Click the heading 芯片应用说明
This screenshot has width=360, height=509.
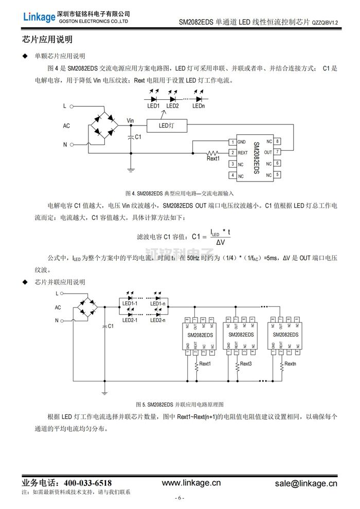(x=47, y=40)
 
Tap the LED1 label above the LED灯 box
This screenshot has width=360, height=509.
(x=154, y=106)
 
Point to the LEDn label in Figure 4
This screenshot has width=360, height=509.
(x=199, y=106)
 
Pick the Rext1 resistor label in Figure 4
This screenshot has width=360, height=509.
(x=213, y=159)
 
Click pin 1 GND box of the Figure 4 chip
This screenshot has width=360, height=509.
(x=232, y=141)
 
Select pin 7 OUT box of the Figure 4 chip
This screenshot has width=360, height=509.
(x=278, y=152)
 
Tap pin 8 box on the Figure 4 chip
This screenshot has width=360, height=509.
(x=278, y=141)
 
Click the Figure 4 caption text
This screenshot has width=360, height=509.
(x=179, y=193)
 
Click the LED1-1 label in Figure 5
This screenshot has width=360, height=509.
(x=130, y=304)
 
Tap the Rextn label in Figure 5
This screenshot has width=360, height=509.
(x=290, y=364)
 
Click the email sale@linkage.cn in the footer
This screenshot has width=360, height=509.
(x=306, y=483)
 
